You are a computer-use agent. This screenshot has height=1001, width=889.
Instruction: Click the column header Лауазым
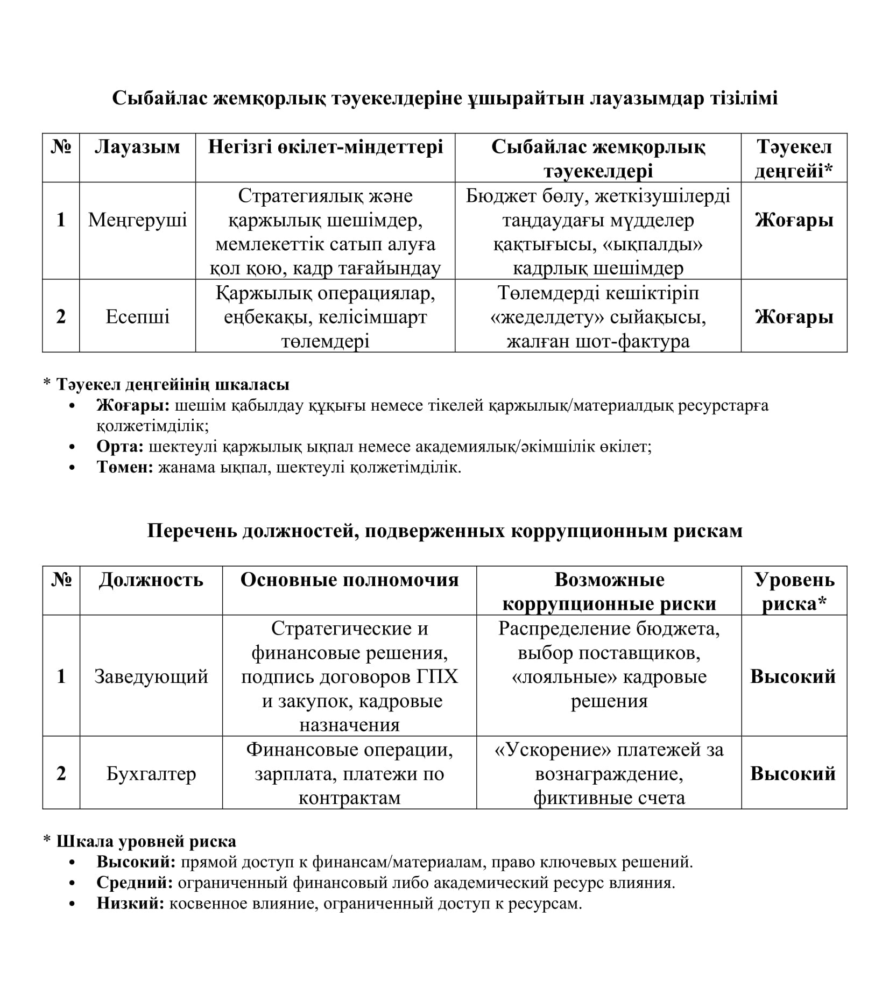(x=137, y=147)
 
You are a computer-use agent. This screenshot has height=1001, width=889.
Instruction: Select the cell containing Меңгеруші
(x=137, y=220)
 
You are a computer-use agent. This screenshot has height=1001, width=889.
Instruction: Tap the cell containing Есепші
(x=137, y=316)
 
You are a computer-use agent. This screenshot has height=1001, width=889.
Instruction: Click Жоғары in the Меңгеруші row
(x=794, y=220)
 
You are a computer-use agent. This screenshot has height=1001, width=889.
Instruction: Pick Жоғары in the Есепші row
(x=794, y=317)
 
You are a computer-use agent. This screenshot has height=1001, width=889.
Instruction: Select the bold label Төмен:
(x=125, y=467)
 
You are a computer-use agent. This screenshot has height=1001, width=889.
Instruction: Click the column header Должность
(x=151, y=580)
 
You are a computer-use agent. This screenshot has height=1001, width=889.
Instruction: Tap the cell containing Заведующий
(x=151, y=676)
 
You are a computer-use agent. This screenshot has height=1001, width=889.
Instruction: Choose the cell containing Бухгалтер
(x=151, y=774)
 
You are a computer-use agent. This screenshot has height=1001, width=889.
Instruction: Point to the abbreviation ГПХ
(x=437, y=676)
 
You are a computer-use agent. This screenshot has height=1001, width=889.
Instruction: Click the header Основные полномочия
(x=349, y=580)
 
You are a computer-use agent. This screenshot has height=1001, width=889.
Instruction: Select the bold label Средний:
(x=135, y=883)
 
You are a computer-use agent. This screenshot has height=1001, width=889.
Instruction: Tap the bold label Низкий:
(x=130, y=903)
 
